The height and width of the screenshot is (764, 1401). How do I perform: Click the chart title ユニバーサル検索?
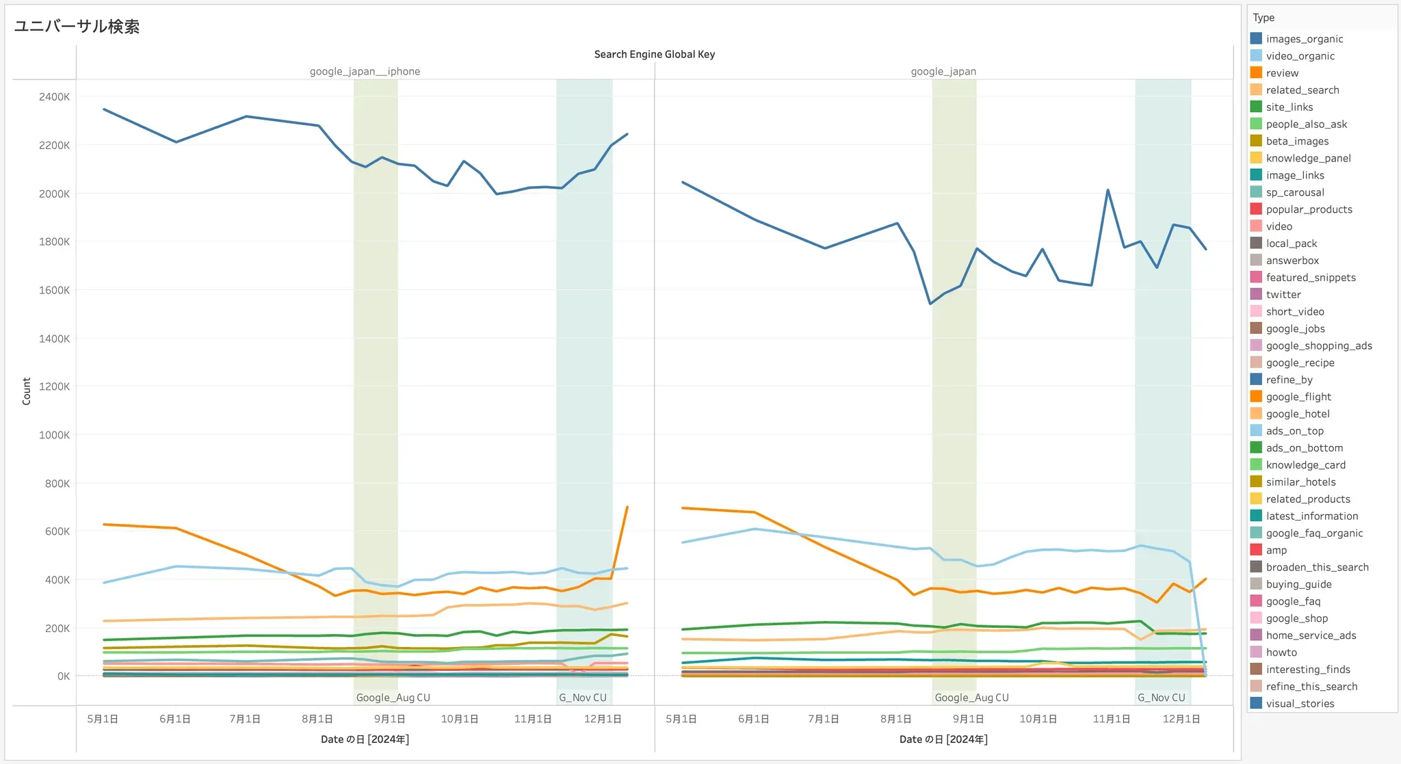pyautogui.click(x=77, y=27)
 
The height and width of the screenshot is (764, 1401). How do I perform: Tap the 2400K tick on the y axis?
pyautogui.click(x=54, y=97)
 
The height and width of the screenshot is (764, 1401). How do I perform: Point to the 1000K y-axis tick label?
pyautogui.click(x=54, y=435)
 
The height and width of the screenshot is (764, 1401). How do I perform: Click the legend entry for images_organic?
pyautogui.click(x=1304, y=39)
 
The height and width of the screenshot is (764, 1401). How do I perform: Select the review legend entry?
pyautogui.click(x=1281, y=73)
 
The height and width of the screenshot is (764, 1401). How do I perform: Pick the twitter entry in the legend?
pyautogui.click(x=1283, y=295)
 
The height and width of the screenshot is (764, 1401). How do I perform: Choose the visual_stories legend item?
pyautogui.click(x=1299, y=704)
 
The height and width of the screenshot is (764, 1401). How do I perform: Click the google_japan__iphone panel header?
pyautogui.click(x=365, y=71)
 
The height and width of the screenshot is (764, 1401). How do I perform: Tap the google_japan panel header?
pyautogui.click(x=943, y=71)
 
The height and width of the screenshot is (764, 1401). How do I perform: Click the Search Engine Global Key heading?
pyautogui.click(x=654, y=54)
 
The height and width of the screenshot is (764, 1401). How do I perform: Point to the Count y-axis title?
pyautogui.click(x=27, y=391)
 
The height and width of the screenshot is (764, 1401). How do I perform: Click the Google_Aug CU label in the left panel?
pyautogui.click(x=393, y=698)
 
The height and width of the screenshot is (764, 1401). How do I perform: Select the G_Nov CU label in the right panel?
pyautogui.click(x=1161, y=698)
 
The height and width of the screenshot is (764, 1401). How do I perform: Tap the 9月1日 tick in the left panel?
pyautogui.click(x=389, y=719)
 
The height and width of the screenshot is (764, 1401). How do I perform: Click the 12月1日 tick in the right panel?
pyautogui.click(x=1181, y=719)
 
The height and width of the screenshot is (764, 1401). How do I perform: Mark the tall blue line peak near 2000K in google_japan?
pyautogui.click(x=1108, y=190)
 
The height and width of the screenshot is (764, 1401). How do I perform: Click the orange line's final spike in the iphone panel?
pyautogui.click(x=627, y=508)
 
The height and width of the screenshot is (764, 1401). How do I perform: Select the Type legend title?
pyautogui.click(x=1263, y=18)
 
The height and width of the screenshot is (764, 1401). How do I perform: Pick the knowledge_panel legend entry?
pyautogui.click(x=1307, y=159)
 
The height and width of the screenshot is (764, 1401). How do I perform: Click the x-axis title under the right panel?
pyautogui.click(x=943, y=739)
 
